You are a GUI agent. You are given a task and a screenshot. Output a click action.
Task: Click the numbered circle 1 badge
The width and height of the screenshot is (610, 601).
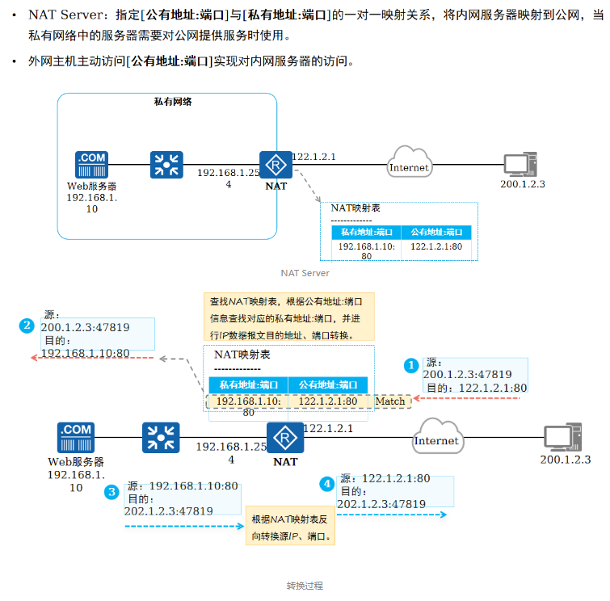411,365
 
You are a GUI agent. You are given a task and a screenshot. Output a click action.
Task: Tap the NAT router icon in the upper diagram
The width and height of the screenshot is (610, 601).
276,165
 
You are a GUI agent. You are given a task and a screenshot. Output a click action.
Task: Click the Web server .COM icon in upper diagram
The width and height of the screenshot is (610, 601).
91,165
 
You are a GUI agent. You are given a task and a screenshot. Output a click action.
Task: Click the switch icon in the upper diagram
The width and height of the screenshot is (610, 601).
167,165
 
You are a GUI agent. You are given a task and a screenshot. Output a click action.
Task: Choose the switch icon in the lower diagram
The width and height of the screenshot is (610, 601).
161,438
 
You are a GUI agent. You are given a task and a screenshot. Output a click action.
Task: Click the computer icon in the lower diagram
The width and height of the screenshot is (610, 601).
562,438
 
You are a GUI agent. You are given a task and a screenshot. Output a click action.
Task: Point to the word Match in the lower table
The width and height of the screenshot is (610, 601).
389,401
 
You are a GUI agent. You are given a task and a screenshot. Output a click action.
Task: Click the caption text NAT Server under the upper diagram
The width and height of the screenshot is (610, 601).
305,273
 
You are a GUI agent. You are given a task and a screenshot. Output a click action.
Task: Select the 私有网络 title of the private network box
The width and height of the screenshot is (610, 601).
172,102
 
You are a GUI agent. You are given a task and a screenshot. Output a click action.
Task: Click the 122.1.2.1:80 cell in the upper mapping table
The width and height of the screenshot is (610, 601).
436,247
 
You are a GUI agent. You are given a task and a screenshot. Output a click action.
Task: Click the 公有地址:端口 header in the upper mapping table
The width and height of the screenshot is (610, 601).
436,232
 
